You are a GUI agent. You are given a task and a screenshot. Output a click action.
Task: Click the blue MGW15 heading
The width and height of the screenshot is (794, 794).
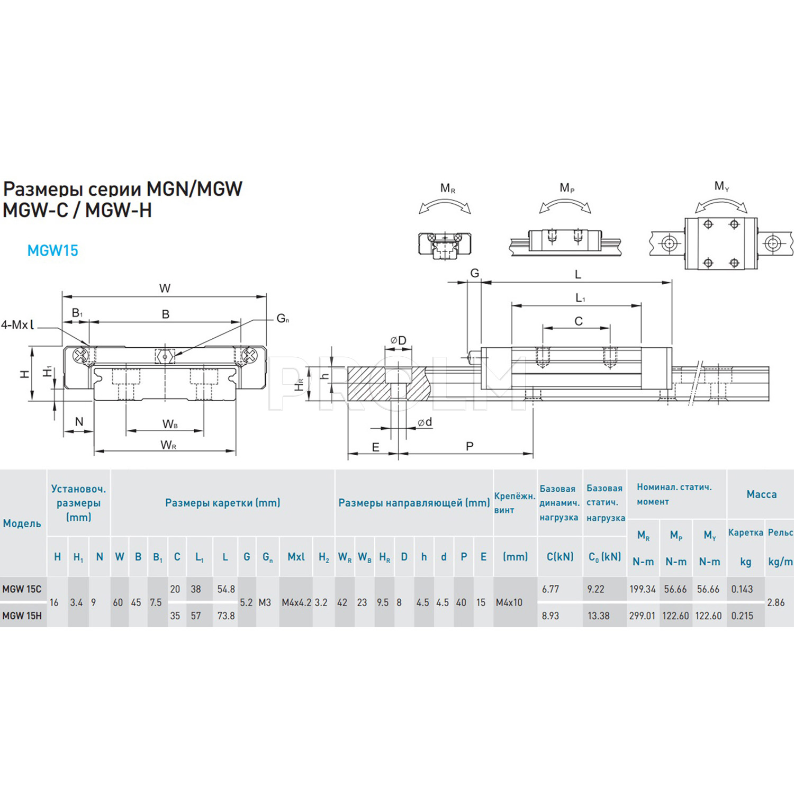[x=52, y=250]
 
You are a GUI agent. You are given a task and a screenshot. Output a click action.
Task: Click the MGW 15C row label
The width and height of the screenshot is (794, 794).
[x=22, y=589]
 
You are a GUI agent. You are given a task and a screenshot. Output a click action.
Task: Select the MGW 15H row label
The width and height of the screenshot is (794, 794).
[x=22, y=616]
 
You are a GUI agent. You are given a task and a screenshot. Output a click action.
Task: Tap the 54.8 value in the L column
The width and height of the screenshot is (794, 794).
[x=226, y=589]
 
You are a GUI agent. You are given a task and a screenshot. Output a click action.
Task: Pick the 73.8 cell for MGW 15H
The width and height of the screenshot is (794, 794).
[x=226, y=616]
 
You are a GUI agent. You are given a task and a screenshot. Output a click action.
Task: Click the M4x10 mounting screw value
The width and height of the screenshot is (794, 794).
[x=509, y=602]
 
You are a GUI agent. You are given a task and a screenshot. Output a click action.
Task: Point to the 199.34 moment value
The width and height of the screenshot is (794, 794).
[x=642, y=589]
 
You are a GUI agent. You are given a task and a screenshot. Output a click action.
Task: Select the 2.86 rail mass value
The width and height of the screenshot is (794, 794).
[x=775, y=602]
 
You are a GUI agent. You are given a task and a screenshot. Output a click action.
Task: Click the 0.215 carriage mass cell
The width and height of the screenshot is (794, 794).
[x=742, y=616]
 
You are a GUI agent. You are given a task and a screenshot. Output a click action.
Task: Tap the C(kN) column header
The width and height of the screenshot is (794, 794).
[x=560, y=557]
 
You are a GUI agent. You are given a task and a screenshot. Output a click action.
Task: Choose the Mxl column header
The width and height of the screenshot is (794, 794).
[x=296, y=557]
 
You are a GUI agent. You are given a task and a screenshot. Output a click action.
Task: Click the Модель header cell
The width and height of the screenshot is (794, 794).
[x=22, y=524]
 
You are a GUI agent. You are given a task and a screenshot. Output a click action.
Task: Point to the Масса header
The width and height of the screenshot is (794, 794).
[x=761, y=494]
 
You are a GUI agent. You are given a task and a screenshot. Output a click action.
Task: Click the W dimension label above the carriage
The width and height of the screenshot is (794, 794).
[x=165, y=288]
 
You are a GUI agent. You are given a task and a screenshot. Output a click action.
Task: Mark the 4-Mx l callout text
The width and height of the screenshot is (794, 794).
[x=17, y=325]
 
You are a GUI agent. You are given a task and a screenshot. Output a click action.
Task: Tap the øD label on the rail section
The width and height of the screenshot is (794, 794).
[x=398, y=340]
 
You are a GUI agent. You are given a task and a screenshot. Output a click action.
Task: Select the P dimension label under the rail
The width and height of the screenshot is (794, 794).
[x=470, y=446]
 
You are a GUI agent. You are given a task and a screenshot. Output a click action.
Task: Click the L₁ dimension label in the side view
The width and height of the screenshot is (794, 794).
[x=580, y=299]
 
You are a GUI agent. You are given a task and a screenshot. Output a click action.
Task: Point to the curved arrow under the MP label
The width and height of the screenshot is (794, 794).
[x=565, y=205]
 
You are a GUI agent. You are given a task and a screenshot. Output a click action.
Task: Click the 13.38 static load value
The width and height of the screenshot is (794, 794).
[x=598, y=616]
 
